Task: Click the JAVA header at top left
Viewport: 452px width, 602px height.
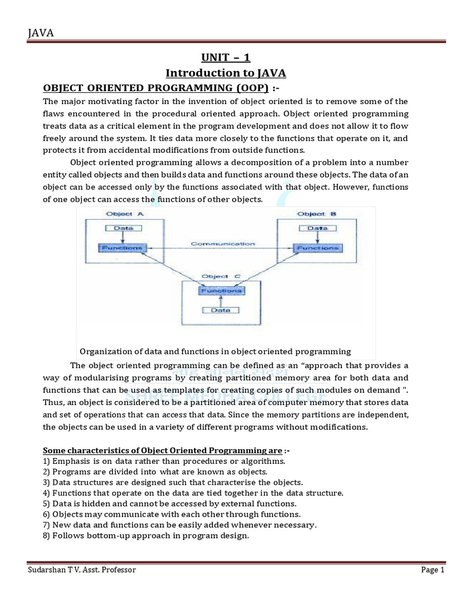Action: coord(41,34)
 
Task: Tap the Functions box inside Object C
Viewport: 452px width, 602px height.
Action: coord(222,290)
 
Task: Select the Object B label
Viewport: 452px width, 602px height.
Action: coord(317,214)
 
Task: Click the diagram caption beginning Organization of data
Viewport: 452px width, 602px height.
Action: coord(215,352)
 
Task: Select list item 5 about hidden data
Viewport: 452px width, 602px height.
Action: coord(170,503)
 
